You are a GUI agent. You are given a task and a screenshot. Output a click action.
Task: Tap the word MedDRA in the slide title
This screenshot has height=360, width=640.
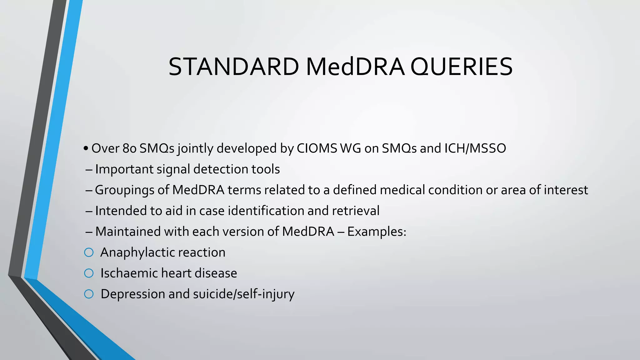(x=355, y=67)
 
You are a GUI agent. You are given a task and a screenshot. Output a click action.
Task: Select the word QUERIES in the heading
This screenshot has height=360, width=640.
(x=461, y=67)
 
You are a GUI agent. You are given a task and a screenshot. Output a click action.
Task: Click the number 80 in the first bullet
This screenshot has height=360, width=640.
(x=129, y=148)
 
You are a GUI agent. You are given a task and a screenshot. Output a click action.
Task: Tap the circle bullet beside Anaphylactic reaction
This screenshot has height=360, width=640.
(x=89, y=252)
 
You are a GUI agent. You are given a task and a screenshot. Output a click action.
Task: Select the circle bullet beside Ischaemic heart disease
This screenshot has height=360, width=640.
(x=89, y=273)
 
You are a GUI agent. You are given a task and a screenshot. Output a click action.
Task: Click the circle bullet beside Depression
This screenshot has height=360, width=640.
(x=89, y=294)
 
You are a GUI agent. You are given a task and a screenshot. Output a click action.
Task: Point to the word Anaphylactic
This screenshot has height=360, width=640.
(x=137, y=252)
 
